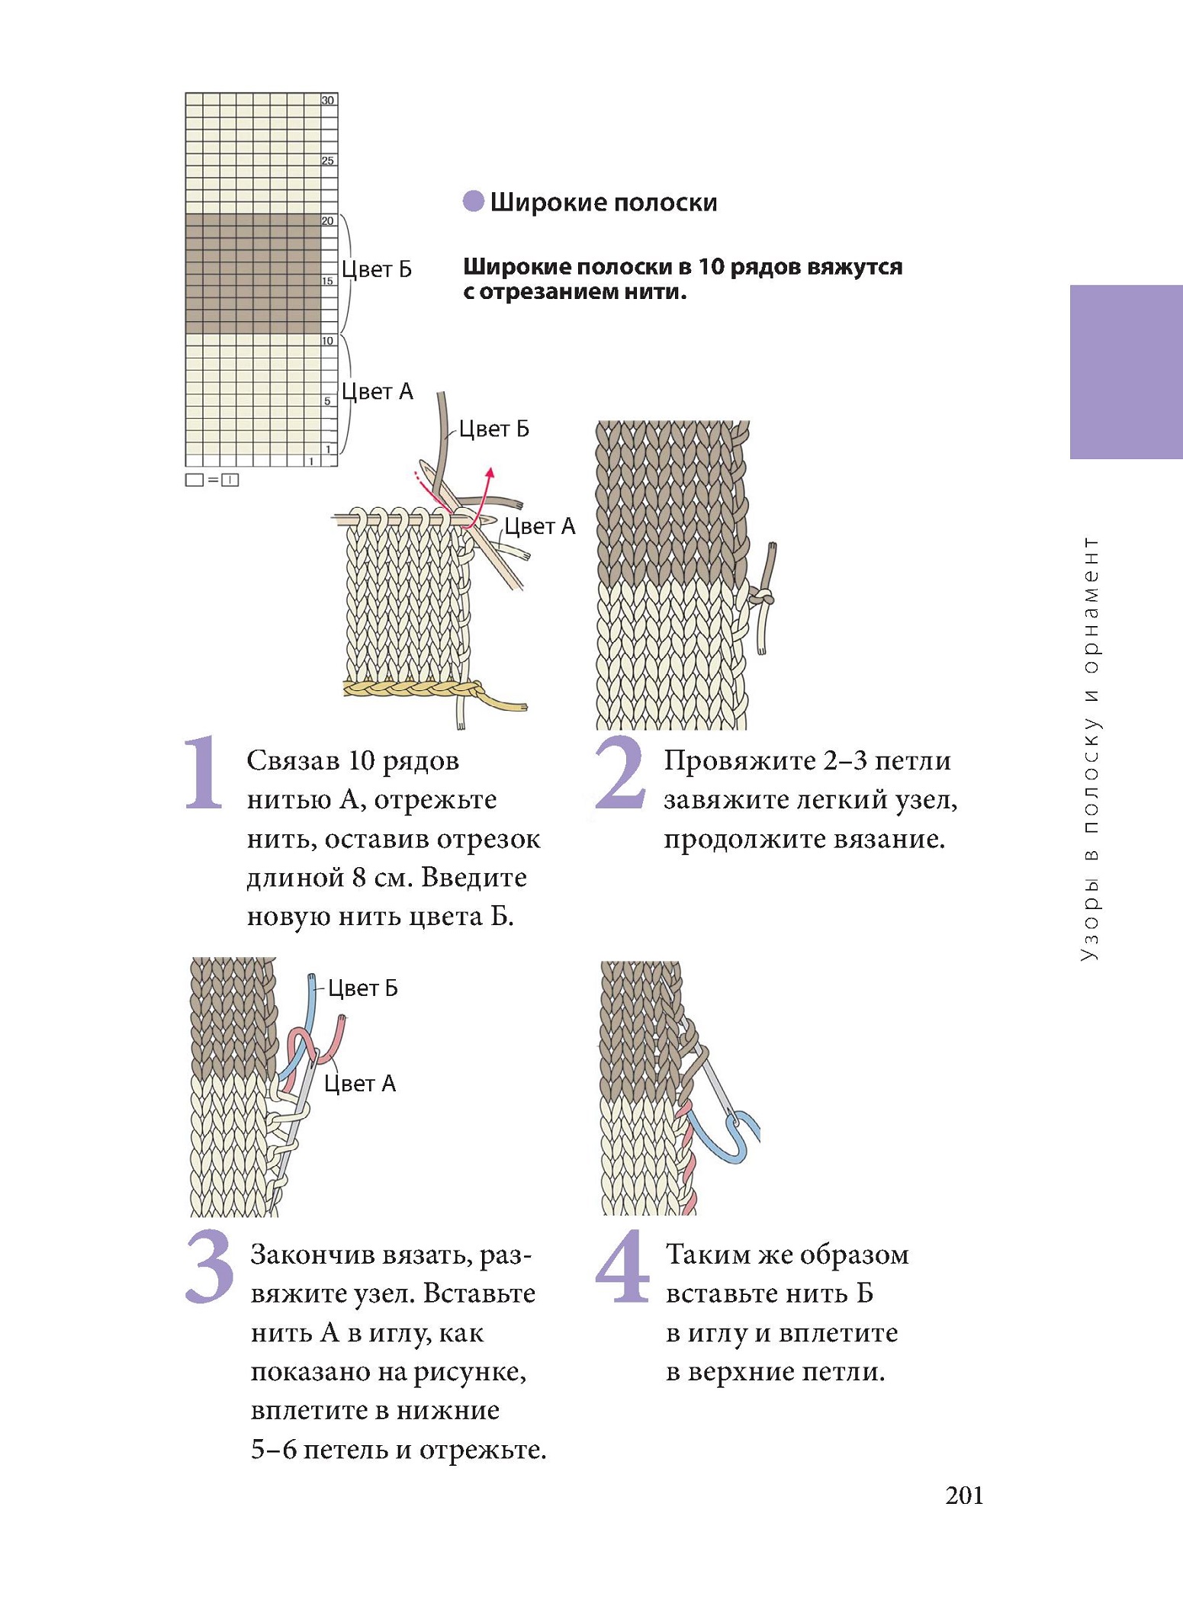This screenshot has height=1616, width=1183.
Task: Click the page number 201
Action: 964,1496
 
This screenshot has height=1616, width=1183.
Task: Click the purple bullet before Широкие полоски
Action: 474,201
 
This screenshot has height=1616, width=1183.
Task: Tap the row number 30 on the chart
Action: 328,101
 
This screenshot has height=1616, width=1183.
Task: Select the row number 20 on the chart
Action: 328,221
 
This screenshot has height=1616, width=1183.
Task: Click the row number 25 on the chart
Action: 328,161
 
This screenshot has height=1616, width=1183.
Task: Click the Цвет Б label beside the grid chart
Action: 377,269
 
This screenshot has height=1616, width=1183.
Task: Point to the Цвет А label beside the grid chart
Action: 377,391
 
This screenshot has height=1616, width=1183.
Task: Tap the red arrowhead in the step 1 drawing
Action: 490,473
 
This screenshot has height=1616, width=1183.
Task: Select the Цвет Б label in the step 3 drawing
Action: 363,988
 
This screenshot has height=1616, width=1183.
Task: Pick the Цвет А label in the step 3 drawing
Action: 360,1084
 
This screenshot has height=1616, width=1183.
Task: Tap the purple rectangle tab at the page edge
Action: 1126,371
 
